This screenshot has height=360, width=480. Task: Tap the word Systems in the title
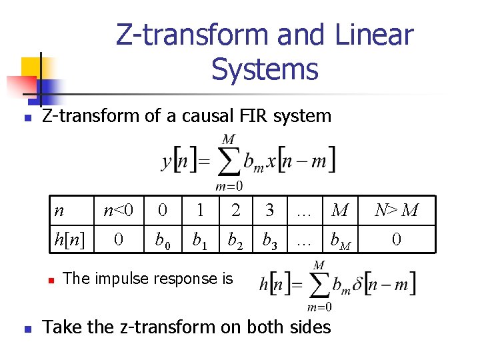point(265,69)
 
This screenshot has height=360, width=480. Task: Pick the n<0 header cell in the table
point(119,211)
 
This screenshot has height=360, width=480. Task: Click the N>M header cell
point(396,211)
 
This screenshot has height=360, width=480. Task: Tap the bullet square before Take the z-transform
point(27,329)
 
